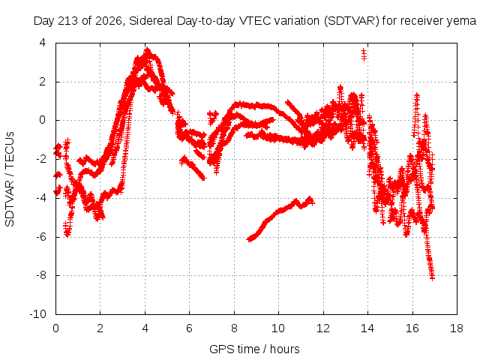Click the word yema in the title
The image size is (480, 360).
point(462,21)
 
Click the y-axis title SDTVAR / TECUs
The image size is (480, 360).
point(10,179)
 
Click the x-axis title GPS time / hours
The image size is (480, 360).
point(254,349)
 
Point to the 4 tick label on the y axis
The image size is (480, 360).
point(43,43)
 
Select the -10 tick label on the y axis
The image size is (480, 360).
point(38,314)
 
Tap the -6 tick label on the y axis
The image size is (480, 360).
point(40,237)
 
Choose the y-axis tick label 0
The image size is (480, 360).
point(43,120)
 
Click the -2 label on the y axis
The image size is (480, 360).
point(40,159)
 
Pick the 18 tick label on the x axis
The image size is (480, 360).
point(457,328)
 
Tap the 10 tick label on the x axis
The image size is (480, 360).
point(278,328)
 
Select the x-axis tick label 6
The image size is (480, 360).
point(189,328)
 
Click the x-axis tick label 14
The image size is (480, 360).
point(367,328)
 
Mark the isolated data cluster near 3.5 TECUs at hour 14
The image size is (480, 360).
point(364,55)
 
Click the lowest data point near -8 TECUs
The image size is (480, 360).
point(432,277)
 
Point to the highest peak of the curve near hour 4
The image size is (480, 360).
point(148,50)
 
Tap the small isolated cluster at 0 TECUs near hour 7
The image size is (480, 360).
point(213,117)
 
